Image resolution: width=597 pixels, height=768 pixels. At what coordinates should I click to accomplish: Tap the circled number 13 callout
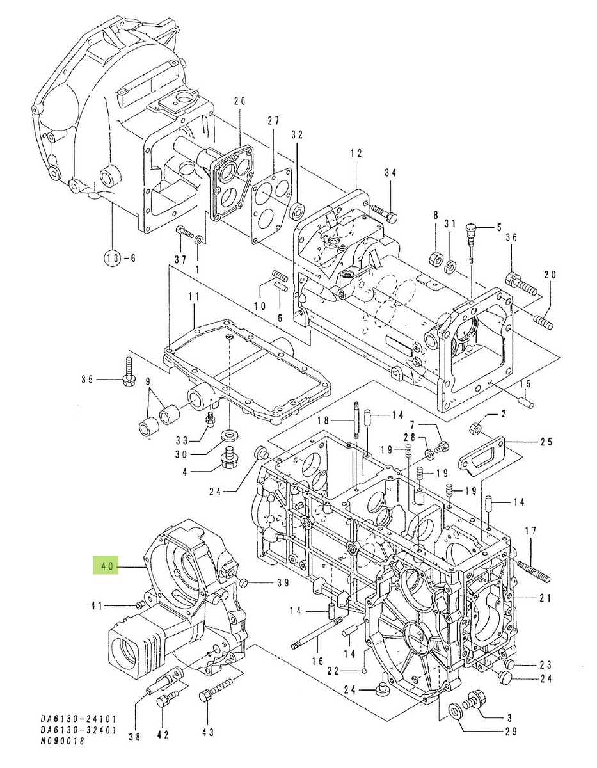(x=113, y=259)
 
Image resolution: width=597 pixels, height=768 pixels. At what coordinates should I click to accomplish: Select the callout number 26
(x=239, y=102)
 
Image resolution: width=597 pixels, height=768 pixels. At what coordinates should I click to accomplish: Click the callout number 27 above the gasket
(x=274, y=122)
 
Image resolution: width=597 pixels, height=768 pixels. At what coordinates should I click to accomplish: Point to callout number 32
(x=297, y=135)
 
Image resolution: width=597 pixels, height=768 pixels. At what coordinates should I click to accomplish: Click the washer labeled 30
(x=228, y=436)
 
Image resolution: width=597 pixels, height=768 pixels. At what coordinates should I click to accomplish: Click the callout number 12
(x=356, y=154)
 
